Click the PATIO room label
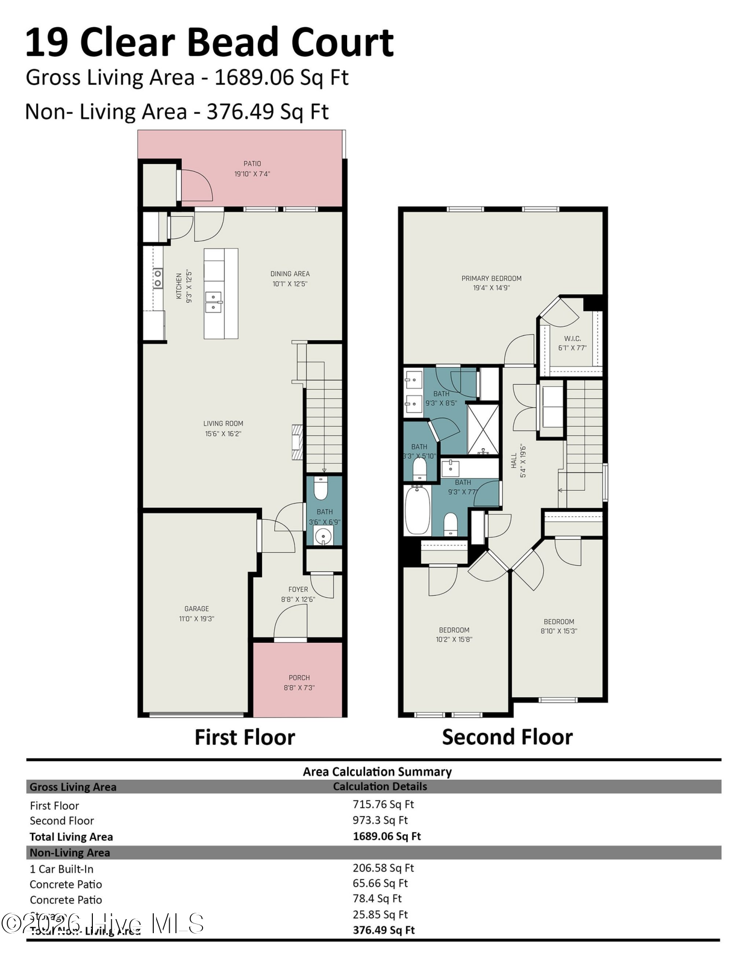(x=252, y=164)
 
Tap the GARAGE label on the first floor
(x=196, y=608)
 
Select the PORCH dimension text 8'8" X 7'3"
(x=299, y=687)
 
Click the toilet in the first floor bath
(x=321, y=488)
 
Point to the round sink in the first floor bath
(x=323, y=536)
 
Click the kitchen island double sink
(x=213, y=302)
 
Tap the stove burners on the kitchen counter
(x=158, y=279)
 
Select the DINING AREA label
(x=290, y=273)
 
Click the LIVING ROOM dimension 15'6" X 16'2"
(x=223, y=434)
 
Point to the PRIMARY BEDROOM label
(x=491, y=278)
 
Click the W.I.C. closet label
(x=572, y=338)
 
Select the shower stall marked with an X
(x=483, y=429)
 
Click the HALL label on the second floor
(x=514, y=460)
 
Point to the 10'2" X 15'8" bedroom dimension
(x=454, y=639)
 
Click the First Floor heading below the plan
(x=245, y=738)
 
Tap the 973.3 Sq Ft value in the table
(x=380, y=820)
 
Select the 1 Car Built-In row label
(x=61, y=869)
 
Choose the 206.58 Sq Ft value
(x=383, y=868)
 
